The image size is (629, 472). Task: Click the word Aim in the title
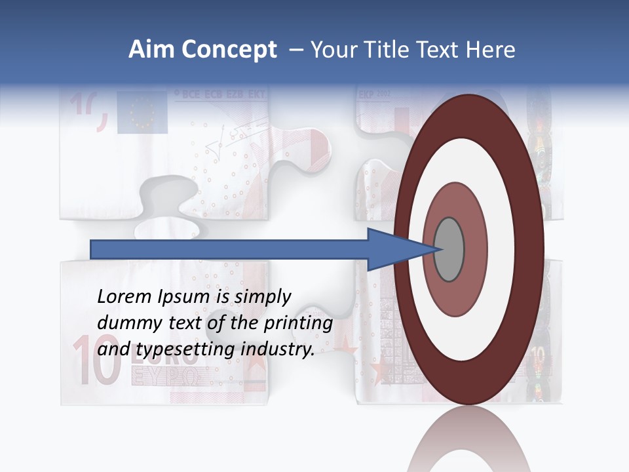(x=151, y=50)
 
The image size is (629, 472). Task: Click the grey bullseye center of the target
(x=449, y=249)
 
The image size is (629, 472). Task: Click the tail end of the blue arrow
(x=92, y=249)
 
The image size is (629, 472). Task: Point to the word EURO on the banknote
(x=160, y=358)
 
